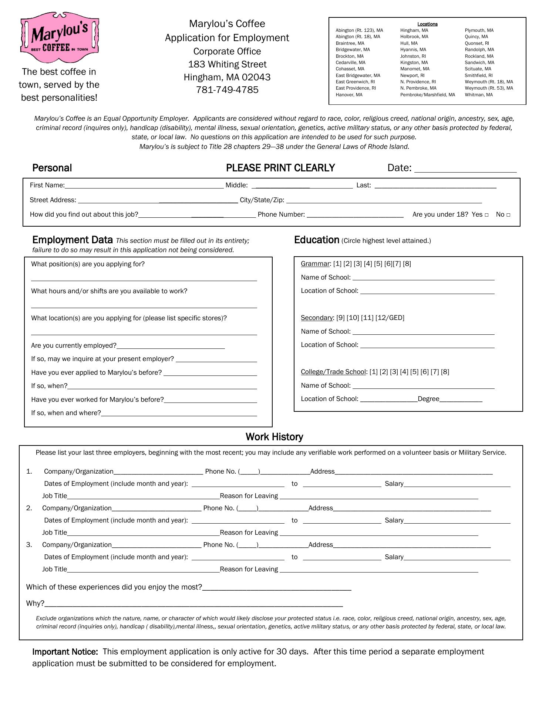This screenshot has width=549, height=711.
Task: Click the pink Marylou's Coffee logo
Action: click(x=60, y=37)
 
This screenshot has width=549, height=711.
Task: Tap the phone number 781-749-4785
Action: click(x=227, y=90)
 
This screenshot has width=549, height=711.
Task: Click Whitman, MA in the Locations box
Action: click(x=479, y=95)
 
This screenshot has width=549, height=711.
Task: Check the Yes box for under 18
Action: click(x=486, y=215)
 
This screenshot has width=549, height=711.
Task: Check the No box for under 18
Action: click(x=509, y=215)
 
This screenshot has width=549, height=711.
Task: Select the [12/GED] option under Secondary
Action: click(x=390, y=318)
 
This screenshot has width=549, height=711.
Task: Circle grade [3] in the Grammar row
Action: click(x=357, y=264)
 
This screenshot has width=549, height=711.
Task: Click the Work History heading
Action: click(x=274, y=437)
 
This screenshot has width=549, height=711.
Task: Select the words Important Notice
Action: click(x=65, y=652)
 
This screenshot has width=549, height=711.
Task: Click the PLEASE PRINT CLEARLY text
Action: click(x=280, y=168)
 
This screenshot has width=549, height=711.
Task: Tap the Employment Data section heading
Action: click(x=73, y=240)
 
